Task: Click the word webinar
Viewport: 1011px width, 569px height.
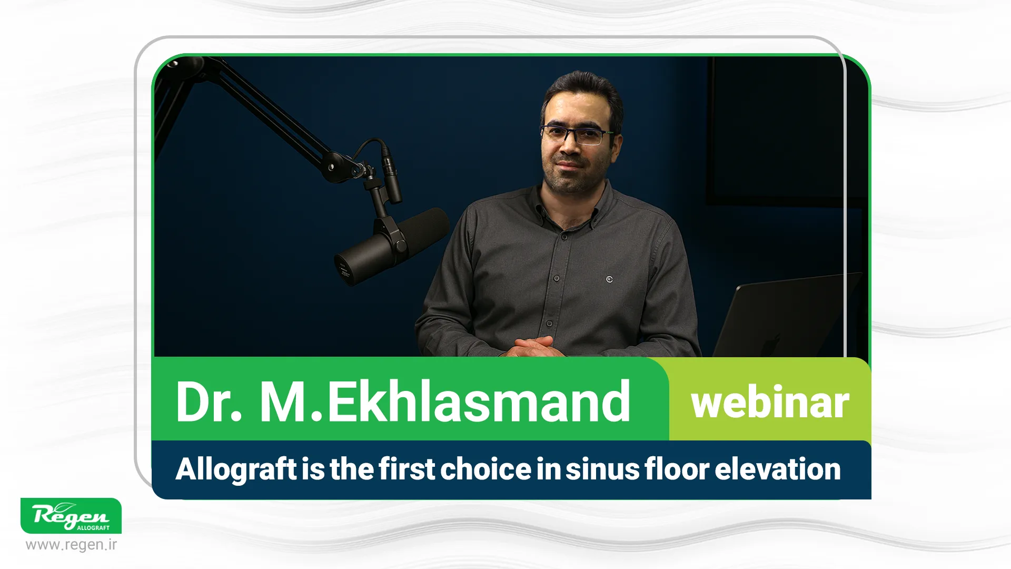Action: (770, 403)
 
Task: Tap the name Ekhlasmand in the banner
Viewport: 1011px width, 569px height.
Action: (479, 401)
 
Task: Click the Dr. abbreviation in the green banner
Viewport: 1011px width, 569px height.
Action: (209, 401)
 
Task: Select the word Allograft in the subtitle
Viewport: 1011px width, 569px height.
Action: (236, 469)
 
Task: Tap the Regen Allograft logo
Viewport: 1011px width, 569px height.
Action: (71, 516)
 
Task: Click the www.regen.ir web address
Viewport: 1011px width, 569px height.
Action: (71, 545)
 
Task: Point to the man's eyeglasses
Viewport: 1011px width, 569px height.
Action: (578, 134)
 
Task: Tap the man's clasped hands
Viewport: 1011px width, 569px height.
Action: (533, 348)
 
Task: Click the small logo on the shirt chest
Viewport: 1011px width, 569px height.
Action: (609, 279)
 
